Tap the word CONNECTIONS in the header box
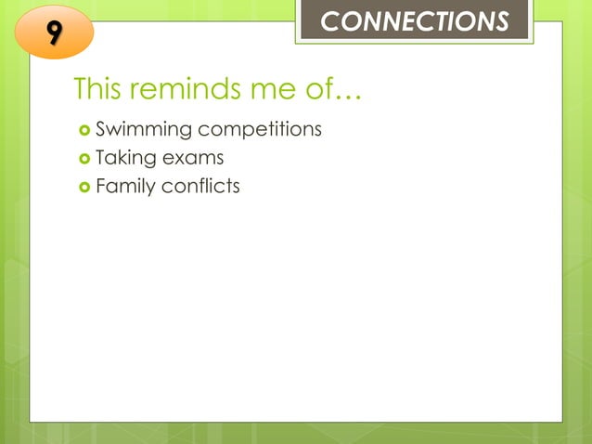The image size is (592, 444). click(414, 21)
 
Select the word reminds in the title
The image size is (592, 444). click(188, 90)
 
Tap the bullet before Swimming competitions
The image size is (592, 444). click(84, 129)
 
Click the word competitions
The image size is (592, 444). click(259, 129)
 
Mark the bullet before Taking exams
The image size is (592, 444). click(84, 158)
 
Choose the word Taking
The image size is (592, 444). click(126, 158)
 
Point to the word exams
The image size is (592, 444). click(193, 158)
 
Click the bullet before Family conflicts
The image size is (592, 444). click(84, 187)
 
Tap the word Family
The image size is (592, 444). click(125, 187)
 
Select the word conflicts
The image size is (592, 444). click(200, 186)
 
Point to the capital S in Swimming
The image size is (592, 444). click(101, 129)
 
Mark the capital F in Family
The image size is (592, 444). click(101, 186)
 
